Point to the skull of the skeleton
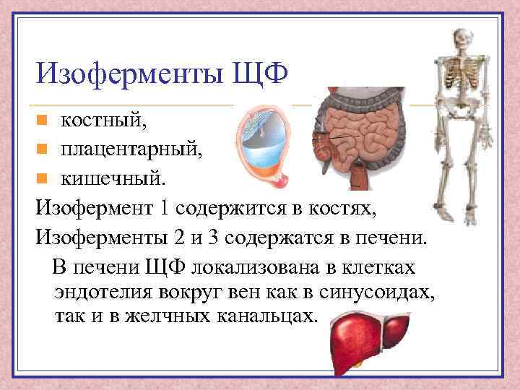click(x=461, y=40)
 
